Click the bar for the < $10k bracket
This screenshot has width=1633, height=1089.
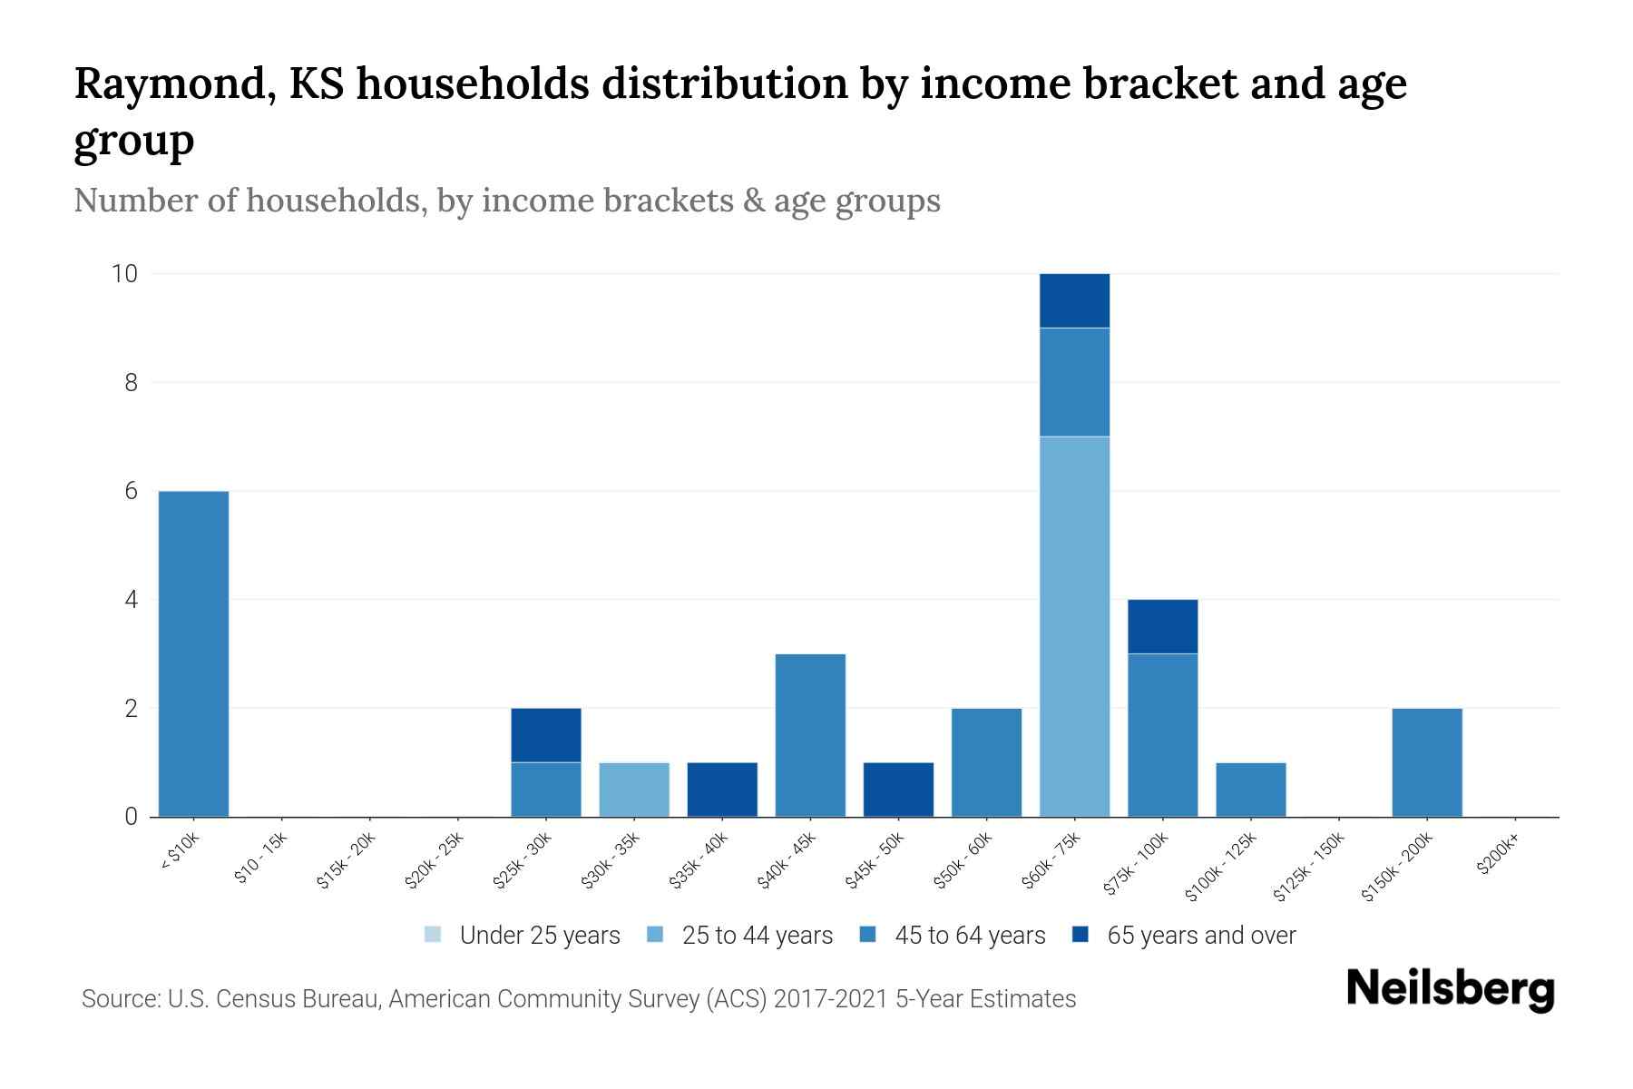[193, 653]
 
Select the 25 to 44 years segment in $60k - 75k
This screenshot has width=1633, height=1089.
[1074, 626]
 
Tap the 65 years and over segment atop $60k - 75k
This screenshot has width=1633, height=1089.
[1074, 300]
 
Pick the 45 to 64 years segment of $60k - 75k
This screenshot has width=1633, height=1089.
[1074, 382]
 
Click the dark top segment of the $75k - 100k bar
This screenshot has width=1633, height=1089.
[1162, 626]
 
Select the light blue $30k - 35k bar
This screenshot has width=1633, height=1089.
[634, 790]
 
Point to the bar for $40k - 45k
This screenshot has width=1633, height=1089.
[810, 735]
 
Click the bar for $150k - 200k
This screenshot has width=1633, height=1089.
[1426, 762]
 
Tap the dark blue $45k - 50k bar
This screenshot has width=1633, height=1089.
[898, 790]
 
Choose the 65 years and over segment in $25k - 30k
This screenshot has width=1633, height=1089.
[546, 735]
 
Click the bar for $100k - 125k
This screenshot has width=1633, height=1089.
[1250, 790]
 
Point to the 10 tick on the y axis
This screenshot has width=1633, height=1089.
[124, 273]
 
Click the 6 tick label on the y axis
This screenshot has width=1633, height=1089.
[132, 491]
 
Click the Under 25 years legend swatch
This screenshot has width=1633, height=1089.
[433, 935]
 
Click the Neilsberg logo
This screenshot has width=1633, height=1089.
[1450, 989]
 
